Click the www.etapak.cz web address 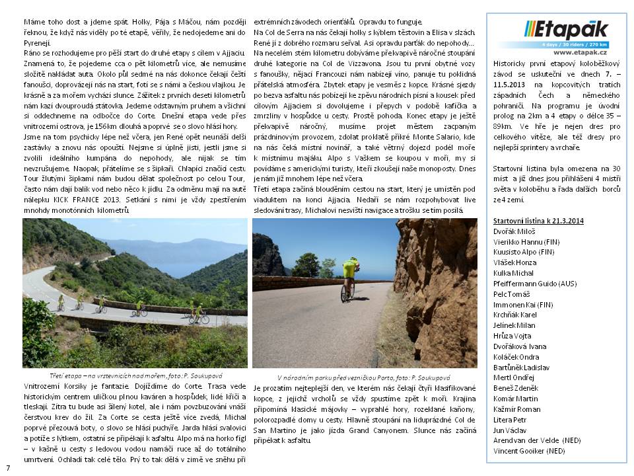580,52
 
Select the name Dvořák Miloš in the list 514,231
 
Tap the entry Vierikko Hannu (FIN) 524,241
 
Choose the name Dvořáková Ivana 520,346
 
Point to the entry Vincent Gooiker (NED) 529,451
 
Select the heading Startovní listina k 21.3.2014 538,220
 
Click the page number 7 9,467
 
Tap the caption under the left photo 135,375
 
